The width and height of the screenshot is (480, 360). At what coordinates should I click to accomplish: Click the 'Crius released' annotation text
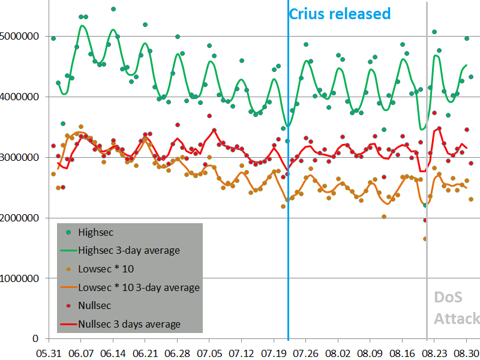pos(340,14)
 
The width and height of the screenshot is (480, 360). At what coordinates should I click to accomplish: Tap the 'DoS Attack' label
pos(456,308)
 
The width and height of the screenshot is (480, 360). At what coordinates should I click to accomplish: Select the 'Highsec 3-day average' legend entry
pos(130,250)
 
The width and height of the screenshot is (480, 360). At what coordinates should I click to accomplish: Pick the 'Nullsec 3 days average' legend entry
pos(130,324)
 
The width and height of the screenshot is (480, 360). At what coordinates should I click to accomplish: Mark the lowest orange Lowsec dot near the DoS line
pos(425,239)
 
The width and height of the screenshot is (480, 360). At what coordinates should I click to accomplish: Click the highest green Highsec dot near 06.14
pos(113,9)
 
